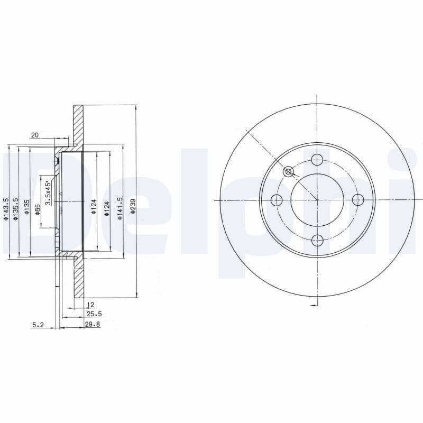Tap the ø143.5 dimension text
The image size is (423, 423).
pyautogui.click(x=6, y=209)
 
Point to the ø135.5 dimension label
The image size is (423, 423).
pyautogui.click(x=16, y=209)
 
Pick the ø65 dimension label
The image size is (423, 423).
pyautogui.click(x=38, y=209)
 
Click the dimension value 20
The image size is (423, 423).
pyautogui.click(x=35, y=135)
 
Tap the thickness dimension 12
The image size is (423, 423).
pyautogui.click(x=90, y=305)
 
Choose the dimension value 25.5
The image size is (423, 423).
pyautogui.click(x=94, y=314)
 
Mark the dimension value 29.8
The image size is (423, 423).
pyautogui.click(x=93, y=325)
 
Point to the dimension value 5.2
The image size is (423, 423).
pyautogui.click(x=38, y=325)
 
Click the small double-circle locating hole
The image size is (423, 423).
pyautogui.click(x=288, y=171)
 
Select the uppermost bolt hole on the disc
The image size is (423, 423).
pyautogui.click(x=317, y=159)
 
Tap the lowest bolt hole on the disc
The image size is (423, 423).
pyautogui.click(x=317, y=241)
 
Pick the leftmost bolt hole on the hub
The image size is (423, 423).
pyautogui.click(x=276, y=200)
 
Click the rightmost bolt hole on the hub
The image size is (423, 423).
pyautogui.click(x=358, y=200)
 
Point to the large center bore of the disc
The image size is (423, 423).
pyautogui.click(x=317, y=200)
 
